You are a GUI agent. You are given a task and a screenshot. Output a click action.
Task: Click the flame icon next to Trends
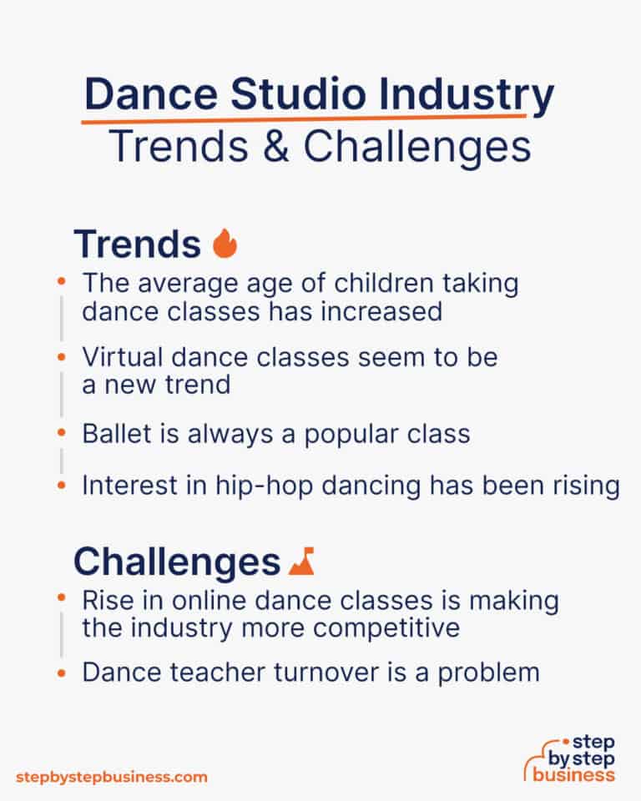(225, 244)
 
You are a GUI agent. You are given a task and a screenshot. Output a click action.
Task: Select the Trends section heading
(137, 244)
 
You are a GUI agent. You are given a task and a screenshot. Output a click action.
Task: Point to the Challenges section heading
(176, 562)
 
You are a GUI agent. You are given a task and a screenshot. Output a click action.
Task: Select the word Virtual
(114, 357)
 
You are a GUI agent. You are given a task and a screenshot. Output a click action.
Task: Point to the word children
(376, 284)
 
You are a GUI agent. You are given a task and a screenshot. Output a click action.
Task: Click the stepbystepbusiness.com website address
(111, 777)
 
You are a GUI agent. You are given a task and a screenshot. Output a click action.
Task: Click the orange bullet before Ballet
(61, 434)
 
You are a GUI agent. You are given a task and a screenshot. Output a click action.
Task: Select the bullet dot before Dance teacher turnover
(61, 671)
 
